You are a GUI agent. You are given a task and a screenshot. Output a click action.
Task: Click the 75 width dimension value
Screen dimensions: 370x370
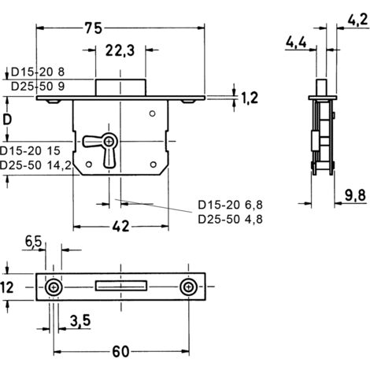(94, 28)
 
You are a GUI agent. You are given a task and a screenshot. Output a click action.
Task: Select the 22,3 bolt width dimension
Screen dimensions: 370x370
(120, 50)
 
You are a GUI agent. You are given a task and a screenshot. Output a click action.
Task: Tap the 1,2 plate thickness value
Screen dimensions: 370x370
(250, 98)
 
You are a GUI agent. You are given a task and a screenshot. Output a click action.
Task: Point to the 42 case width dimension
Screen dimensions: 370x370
(121, 226)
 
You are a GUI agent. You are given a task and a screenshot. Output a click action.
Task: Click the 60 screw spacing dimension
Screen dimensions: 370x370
(121, 352)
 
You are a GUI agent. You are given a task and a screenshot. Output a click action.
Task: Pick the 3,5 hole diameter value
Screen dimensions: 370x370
(80, 320)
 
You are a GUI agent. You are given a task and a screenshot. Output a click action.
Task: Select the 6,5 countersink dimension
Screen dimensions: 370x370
(33, 241)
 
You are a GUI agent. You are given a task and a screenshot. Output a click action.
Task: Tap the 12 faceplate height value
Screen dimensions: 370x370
(7, 287)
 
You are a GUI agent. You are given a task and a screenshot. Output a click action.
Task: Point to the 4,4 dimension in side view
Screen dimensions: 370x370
(296, 42)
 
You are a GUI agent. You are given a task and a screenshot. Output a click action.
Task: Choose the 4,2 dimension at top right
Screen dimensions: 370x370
(358, 20)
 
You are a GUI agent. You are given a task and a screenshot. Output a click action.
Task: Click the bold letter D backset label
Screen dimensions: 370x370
(7, 120)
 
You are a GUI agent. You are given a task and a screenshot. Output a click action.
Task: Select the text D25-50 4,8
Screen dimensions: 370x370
(230, 219)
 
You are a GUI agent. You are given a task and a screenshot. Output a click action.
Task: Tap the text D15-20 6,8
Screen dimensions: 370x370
(230, 205)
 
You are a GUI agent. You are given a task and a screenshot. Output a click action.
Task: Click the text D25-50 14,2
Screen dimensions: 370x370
(35, 165)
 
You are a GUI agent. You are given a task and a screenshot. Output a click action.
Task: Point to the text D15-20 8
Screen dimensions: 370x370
(38, 72)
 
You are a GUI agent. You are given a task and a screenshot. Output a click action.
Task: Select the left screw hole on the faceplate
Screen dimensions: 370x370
(54, 287)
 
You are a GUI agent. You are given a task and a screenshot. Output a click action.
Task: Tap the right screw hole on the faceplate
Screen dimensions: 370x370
(188, 287)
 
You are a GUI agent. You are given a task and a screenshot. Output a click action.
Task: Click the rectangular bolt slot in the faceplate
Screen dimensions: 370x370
(121, 286)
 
